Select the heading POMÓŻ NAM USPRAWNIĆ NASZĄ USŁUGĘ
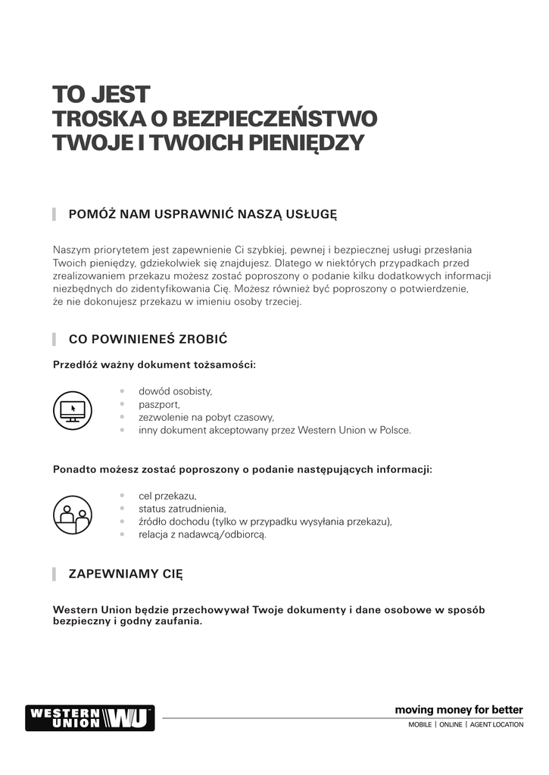202,214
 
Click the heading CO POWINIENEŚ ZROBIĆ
148,338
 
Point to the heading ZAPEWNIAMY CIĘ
126,574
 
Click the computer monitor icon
73,410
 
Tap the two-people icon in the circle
73,515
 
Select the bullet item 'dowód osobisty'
175,391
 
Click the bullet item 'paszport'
159,404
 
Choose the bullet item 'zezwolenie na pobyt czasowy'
206,417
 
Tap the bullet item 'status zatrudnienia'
182,509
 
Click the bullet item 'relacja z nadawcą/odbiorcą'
202,534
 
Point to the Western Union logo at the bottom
89,717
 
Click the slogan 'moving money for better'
459,710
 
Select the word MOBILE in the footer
420,725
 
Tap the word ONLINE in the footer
450,725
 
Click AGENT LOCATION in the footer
496,725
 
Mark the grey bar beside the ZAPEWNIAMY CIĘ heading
55,574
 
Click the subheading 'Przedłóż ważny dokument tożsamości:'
154,365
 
